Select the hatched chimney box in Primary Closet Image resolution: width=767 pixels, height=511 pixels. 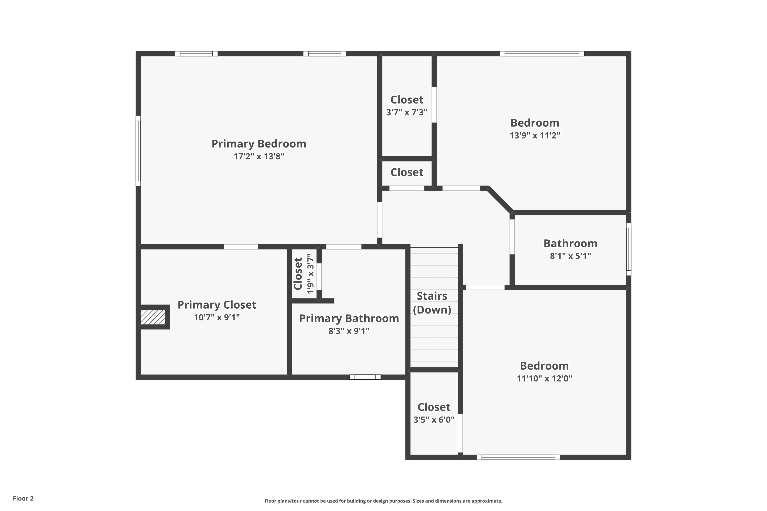point(153,317)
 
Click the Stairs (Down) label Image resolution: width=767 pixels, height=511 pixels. point(432,303)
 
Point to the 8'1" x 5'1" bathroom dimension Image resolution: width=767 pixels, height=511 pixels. point(570,256)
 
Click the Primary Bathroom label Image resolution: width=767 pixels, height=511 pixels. point(349,318)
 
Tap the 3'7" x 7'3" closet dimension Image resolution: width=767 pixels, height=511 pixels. point(407,112)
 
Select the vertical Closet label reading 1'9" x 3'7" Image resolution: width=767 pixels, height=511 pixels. point(298,273)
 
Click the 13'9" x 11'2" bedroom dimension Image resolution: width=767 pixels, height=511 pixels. point(535,136)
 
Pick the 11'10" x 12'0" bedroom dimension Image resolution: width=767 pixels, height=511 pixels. point(544,378)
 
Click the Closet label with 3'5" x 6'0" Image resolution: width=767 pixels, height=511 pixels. point(434,407)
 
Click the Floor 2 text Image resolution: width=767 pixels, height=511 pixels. point(23,498)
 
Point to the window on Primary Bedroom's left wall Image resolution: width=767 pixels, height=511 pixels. point(138,151)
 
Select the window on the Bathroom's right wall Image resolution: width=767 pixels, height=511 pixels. point(628,249)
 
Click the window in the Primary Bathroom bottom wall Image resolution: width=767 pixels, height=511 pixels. point(365,377)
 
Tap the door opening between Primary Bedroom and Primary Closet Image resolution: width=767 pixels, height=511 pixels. point(241,247)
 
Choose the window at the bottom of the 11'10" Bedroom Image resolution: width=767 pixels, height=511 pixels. point(518,457)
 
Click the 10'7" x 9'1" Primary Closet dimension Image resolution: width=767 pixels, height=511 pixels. point(217,317)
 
